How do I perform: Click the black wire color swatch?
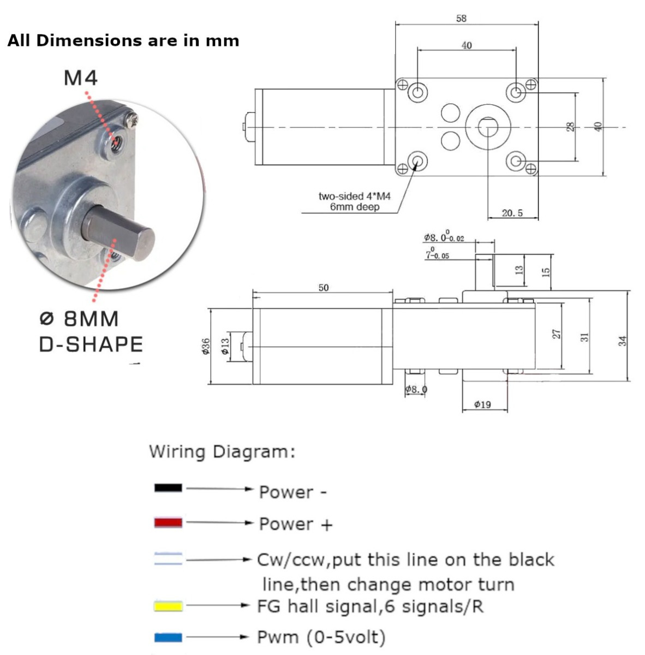[x=168, y=487]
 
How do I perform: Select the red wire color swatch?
[x=168, y=523]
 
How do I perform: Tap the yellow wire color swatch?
[x=168, y=606]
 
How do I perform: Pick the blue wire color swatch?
[x=168, y=637]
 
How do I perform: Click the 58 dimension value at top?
[x=461, y=19]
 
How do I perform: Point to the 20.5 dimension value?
[x=512, y=213]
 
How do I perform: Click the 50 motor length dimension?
[x=324, y=288]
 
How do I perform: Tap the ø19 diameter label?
[x=482, y=404]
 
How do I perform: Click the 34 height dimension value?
[x=623, y=341]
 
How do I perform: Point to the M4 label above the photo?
[x=81, y=78]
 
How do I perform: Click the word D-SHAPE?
[x=91, y=344]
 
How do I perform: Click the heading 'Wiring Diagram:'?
[x=222, y=452]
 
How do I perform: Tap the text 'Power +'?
[x=295, y=524]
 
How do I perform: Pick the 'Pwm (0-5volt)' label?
[x=321, y=637]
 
